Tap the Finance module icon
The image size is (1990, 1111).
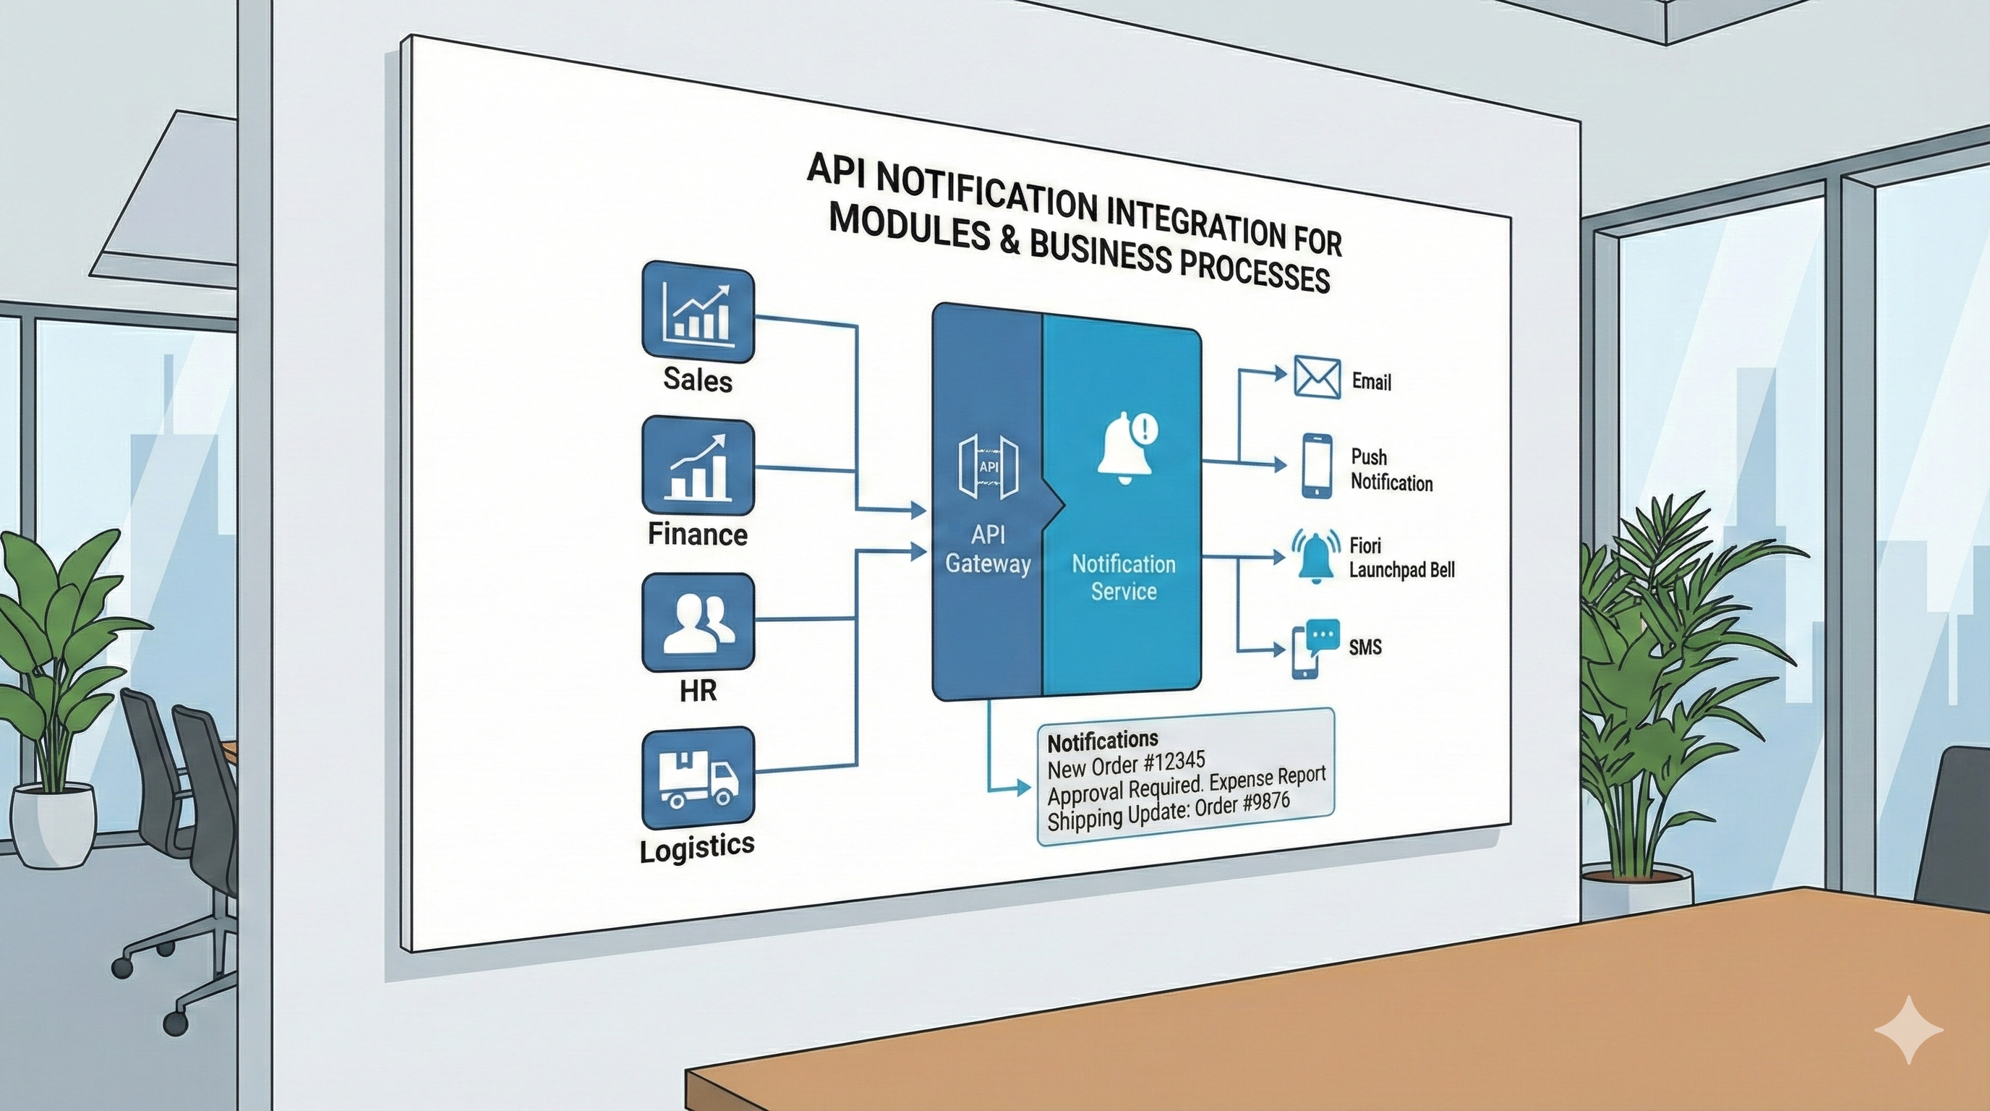pos(698,467)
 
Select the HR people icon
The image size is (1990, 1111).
pos(698,623)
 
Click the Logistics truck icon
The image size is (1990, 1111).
pos(698,778)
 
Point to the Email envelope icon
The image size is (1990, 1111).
pos(1316,377)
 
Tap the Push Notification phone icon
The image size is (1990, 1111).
pos(1316,465)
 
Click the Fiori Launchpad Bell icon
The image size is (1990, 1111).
pos(1315,555)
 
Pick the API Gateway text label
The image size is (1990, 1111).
pos(987,549)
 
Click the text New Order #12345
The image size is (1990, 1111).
pos(1126,765)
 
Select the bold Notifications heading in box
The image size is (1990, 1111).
pos(1102,740)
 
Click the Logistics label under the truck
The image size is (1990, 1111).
pos(697,847)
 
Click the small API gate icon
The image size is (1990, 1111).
pos(988,467)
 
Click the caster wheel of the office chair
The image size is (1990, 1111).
pos(176,1024)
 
